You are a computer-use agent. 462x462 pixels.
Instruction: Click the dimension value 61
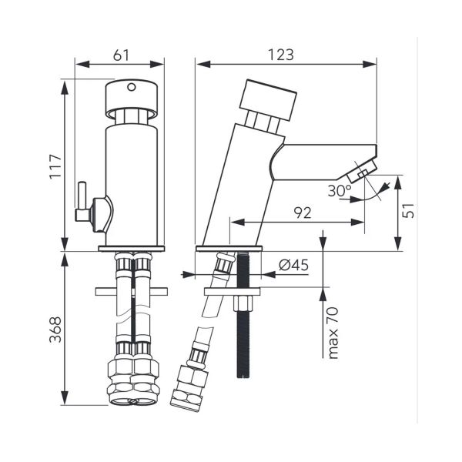tap(121, 55)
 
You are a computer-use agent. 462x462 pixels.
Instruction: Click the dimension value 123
tap(281, 55)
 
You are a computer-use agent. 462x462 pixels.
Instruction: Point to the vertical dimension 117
tap(55, 166)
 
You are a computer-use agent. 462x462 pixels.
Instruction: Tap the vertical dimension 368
tap(55, 330)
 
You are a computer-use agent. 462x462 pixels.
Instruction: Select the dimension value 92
tap(303, 213)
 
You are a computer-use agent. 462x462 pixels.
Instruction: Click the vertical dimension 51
tap(408, 210)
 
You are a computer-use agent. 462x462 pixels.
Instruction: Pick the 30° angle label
tap(340, 191)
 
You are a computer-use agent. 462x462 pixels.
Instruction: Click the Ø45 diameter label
tap(294, 265)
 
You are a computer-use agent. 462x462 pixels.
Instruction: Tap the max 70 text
tap(333, 333)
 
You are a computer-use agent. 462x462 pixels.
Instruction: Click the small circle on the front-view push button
tap(132, 87)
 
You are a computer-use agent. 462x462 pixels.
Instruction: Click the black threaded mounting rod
tap(243, 314)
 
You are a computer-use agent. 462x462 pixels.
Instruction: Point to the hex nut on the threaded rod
tap(243, 303)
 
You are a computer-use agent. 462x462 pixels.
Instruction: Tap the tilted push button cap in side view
tap(268, 100)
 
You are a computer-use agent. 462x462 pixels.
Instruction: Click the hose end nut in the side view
tap(189, 387)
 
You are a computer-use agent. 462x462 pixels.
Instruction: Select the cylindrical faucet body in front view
tap(132, 185)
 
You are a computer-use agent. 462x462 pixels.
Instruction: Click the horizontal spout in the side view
tap(323, 162)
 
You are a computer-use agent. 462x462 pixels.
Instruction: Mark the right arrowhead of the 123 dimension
tap(370, 64)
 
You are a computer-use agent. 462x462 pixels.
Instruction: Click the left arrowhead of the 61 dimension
tap(82, 64)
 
